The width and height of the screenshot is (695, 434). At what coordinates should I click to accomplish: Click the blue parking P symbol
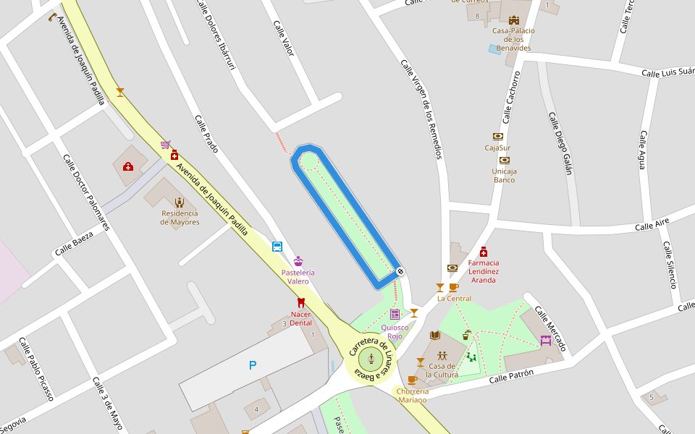point(253,366)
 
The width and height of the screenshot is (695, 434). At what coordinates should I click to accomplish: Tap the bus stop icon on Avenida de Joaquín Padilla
point(277,247)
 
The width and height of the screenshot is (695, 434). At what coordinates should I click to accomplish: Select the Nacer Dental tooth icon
point(301,302)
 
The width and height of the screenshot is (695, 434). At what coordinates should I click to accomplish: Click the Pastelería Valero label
point(298,277)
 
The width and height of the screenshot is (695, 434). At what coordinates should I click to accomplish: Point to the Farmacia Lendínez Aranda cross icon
point(484,252)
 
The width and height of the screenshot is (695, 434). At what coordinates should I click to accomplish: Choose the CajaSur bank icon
point(498,136)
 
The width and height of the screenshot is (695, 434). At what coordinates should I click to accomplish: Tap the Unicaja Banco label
point(505,176)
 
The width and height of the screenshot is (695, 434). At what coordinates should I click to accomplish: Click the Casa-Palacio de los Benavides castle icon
point(514,20)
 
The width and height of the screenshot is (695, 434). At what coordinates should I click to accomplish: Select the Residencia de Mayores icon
point(179,203)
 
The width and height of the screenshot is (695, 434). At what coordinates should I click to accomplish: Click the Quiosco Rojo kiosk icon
point(395,314)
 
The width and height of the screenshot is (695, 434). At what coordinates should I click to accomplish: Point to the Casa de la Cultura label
point(442,370)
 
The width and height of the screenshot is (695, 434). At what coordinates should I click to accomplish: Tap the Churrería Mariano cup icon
point(412,380)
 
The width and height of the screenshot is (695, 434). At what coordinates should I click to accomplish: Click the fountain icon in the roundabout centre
point(371,357)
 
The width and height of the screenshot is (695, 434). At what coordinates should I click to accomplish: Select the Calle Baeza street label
point(75,245)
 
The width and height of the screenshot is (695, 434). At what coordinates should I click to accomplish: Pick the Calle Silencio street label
point(669,265)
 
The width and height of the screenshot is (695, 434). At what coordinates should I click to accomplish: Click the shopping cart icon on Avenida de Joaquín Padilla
point(166,145)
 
